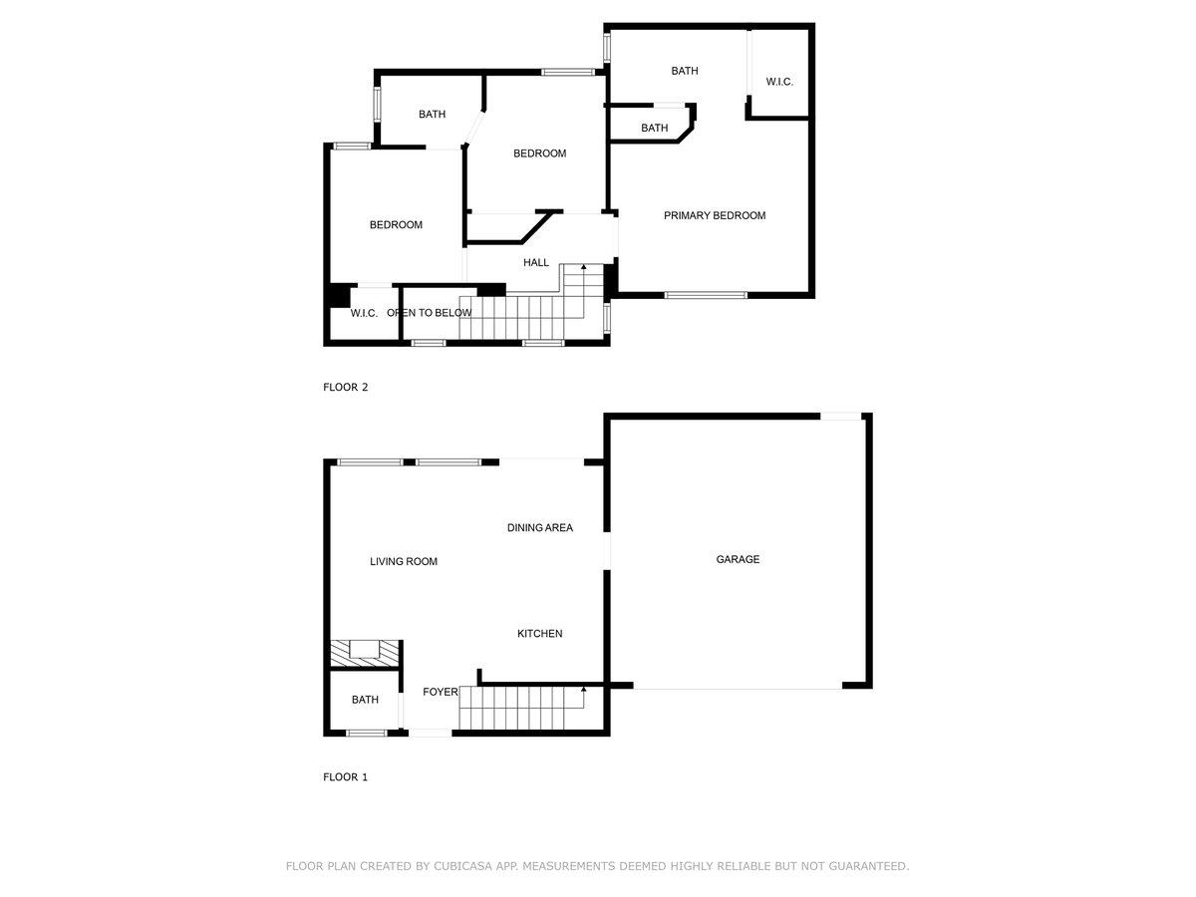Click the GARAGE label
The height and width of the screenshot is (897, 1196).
pyautogui.click(x=738, y=559)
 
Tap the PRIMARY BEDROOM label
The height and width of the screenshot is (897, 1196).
pyautogui.click(x=715, y=215)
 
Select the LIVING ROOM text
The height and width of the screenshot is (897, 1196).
pyautogui.click(x=404, y=561)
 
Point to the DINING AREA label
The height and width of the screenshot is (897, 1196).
pyautogui.click(x=540, y=527)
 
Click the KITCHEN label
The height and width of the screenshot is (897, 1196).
pyautogui.click(x=539, y=633)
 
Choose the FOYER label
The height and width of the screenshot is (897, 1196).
pyautogui.click(x=440, y=692)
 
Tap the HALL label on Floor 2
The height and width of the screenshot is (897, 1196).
pyautogui.click(x=536, y=262)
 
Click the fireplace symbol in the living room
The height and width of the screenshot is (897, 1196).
pyautogui.click(x=364, y=651)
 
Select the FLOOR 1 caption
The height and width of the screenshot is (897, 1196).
pyautogui.click(x=345, y=776)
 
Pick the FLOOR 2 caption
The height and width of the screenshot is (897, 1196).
pyautogui.click(x=345, y=387)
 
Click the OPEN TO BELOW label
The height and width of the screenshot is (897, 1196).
pyautogui.click(x=429, y=313)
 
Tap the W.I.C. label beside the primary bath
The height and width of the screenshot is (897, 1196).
pyautogui.click(x=779, y=82)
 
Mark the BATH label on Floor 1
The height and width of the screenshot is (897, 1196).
pyautogui.click(x=365, y=700)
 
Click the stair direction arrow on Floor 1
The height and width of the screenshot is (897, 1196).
pyautogui.click(x=583, y=689)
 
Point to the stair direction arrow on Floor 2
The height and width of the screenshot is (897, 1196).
pyautogui.click(x=583, y=269)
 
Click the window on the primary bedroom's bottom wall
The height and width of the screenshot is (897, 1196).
pyautogui.click(x=706, y=295)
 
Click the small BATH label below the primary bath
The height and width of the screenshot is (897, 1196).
pyautogui.click(x=654, y=128)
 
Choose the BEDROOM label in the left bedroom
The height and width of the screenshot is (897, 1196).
pyautogui.click(x=396, y=224)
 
